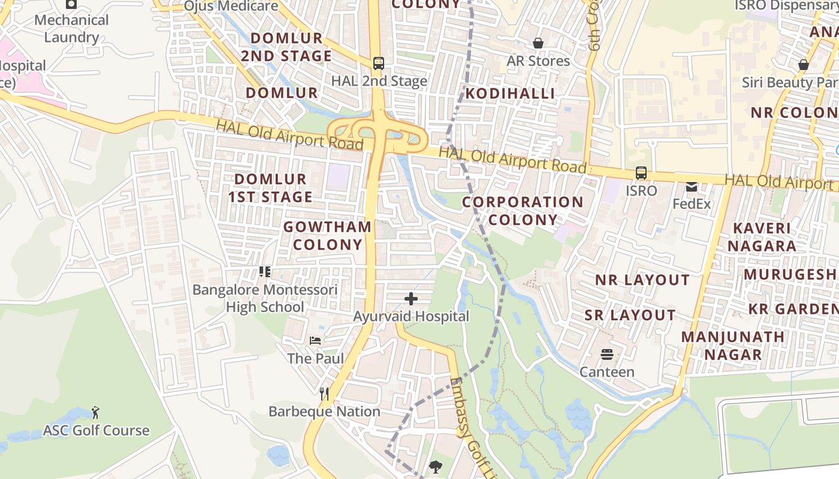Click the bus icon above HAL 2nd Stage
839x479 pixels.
tap(378, 63)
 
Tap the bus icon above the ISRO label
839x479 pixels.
tap(641, 173)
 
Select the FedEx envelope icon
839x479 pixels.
tap(692, 187)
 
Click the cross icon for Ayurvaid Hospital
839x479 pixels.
tap(411, 298)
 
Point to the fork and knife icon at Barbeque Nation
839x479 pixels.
tap(324, 393)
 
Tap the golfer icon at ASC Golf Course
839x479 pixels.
tap(95, 413)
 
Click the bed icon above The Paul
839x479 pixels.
tap(315, 341)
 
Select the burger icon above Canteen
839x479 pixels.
tap(606, 354)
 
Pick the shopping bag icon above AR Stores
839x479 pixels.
tap(538, 43)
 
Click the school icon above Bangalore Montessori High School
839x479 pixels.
tap(265, 272)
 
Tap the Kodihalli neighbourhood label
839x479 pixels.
tap(510, 93)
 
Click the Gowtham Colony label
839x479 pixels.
tap(327, 235)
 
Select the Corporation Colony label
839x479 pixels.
tap(523, 211)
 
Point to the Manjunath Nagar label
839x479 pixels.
tap(733, 345)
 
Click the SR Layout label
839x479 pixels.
tap(630, 315)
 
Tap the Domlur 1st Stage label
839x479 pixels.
tap(273, 187)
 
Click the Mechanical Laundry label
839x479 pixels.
tap(71, 28)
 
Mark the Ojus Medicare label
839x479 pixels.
tap(231, 7)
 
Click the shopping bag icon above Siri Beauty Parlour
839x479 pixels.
tap(804, 65)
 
